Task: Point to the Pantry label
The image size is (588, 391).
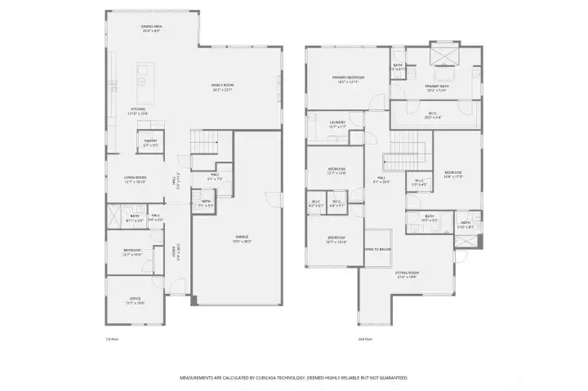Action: (x=150, y=143)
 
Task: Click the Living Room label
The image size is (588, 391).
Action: (x=135, y=180)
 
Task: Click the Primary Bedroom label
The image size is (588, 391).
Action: (x=348, y=79)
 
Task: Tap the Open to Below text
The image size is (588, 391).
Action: (x=376, y=249)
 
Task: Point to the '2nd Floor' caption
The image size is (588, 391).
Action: (x=365, y=338)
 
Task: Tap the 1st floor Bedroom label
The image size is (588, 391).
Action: (x=133, y=251)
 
